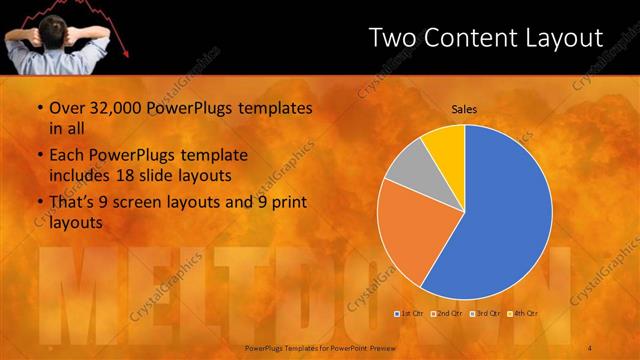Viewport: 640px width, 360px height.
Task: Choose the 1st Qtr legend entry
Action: (x=410, y=314)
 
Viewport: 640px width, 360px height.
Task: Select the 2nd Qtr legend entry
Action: (x=447, y=314)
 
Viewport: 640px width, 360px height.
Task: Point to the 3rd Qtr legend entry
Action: (x=485, y=314)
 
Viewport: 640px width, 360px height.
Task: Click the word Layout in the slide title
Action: (x=560, y=38)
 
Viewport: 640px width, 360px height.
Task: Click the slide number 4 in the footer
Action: (x=590, y=346)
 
